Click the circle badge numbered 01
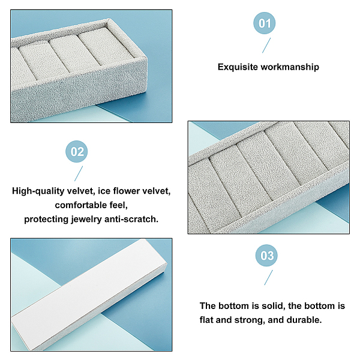(x=264, y=23)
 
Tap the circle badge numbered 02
(x=76, y=152)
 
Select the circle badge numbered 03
(x=266, y=256)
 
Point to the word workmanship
(x=290, y=67)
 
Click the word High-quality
(x=38, y=191)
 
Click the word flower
(x=125, y=191)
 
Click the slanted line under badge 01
(x=266, y=45)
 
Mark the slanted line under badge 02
(x=79, y=173)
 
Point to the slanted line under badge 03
(x=268, y=277)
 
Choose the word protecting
(x=47, y=219)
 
